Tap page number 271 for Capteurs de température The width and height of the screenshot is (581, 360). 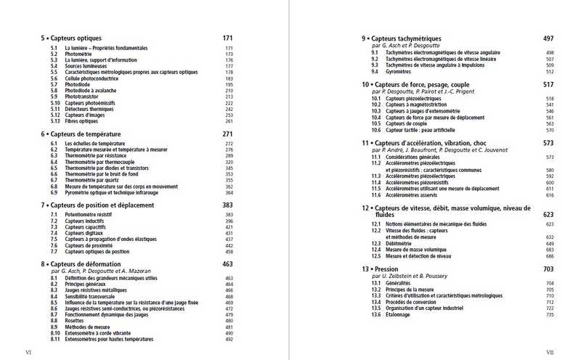227,134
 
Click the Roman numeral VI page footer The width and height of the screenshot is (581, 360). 28,352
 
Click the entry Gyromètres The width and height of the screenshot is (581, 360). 399,72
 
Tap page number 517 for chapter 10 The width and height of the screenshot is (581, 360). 548,85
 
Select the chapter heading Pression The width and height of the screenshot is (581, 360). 391,269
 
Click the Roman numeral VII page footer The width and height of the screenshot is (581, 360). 550,352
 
